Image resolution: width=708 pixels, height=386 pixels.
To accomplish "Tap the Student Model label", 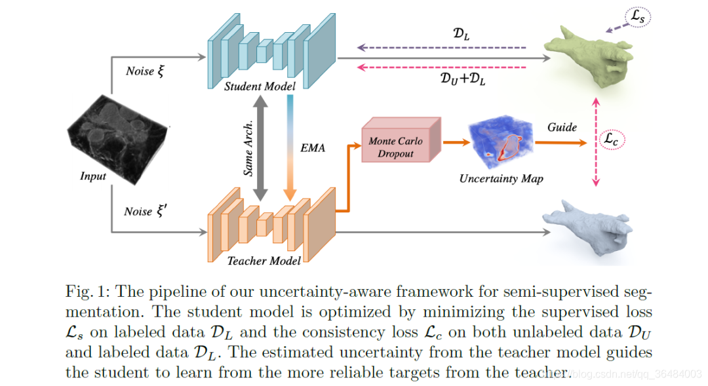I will [x=260, y=87].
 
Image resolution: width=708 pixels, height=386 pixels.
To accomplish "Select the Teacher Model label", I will [x=264, y=261].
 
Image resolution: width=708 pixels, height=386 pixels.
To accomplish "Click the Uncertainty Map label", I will [x=501, y=178].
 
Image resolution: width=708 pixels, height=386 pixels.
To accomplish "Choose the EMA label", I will [x=313, y=148].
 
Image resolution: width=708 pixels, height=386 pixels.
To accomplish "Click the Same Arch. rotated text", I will [x=249, y=149].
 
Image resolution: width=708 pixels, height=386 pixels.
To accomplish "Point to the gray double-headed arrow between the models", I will [x=261, y=147].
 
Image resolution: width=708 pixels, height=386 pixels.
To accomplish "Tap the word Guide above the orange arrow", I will [x=562, y=127].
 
